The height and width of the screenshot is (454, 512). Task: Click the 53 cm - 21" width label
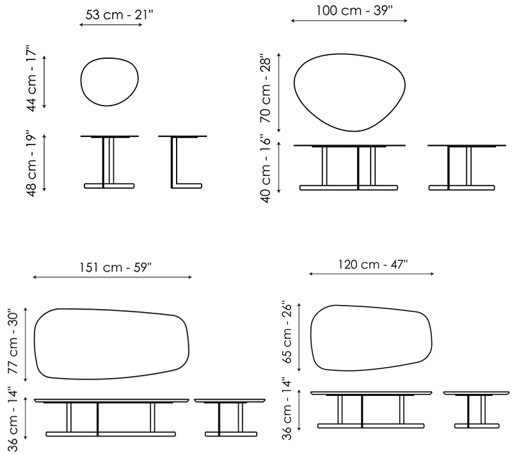point(119,15)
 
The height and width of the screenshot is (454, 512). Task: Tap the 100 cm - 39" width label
point(354,10)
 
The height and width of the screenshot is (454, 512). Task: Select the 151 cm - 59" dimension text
point(116,267)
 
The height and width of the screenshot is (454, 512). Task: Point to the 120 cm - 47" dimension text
point(372,264)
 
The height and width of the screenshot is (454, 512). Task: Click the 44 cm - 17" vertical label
point(31,81)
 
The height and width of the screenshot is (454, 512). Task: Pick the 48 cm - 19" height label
point(31,164)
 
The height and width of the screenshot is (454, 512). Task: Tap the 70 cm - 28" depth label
point(266,90)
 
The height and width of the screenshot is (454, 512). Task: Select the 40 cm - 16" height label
point(266,169)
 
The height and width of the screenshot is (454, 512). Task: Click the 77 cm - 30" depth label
point(13,341)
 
